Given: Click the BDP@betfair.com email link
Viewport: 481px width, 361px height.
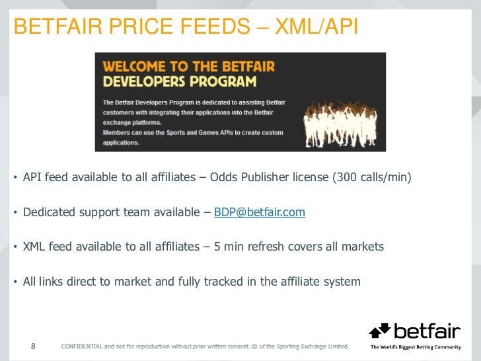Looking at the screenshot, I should (x=260, y=212).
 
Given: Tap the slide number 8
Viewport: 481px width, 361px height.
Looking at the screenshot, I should (x=34, y=346).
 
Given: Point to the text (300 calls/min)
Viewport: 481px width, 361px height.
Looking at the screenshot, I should (x=372, y=177).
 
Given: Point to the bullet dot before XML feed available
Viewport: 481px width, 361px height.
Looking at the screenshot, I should (x=15, y=247).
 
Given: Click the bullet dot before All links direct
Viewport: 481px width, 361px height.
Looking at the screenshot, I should (x=15, y=282).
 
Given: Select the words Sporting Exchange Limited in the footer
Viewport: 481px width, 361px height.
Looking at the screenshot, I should (x=311, y=346).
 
